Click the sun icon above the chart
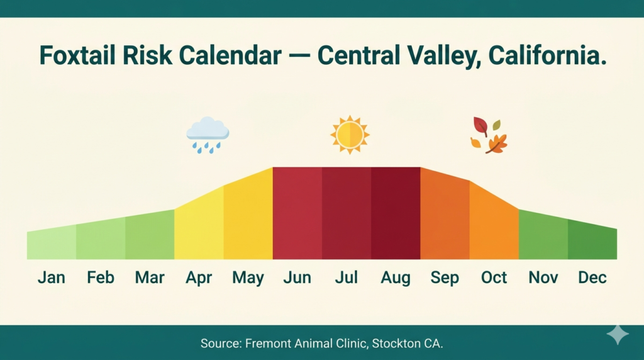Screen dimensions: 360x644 click(x=350, y=135)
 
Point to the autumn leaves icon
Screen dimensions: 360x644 click(x=489, y=135)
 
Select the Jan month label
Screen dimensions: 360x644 click(x=51, y=278)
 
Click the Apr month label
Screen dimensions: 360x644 click(x=199, y=278)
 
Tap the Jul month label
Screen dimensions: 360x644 click(x=346, y=278)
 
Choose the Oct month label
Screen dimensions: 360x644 click(x=494, y=278)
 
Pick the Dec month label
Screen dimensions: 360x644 click(x=592, y=278)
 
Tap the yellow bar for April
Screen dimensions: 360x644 click(x=199, y=227)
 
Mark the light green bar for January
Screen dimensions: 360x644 click(x=52, y=245)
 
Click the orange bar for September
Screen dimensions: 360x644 click(x=445, y=217)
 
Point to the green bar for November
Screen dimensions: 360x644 click(x=543, y=237)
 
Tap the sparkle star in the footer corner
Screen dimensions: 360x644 click(x=617, y=335)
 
